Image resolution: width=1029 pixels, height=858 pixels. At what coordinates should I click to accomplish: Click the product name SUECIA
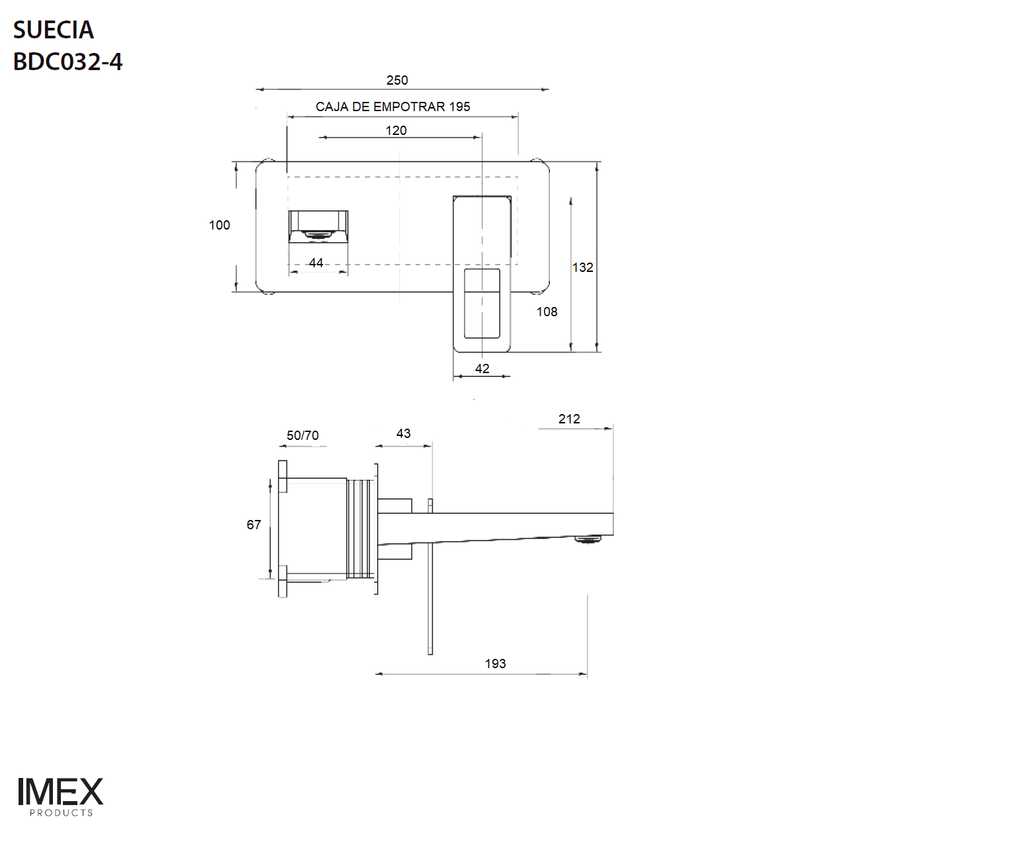point(54,30)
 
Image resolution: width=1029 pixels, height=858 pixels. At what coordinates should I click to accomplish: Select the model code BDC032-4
point(67,62)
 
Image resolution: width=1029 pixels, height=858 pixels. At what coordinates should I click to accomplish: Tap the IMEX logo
point(60,792)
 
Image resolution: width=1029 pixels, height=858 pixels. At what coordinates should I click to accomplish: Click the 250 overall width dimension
point(397,80)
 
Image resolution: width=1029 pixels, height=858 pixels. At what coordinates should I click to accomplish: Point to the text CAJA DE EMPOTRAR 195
point(392,107)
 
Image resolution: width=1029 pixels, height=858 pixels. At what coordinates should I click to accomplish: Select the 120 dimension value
point(396,130)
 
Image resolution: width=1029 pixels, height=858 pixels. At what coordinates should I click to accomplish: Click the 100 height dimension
point(219,225)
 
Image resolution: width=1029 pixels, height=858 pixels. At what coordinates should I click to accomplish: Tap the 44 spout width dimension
point(316,263)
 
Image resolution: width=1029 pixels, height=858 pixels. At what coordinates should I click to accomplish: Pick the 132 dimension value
point(582,267)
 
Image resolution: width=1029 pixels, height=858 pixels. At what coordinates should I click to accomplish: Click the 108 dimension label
point(547,312)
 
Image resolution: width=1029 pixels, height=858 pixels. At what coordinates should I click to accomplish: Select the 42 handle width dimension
point(482,368)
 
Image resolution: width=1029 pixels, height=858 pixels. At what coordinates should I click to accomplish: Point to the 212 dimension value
point(568,419)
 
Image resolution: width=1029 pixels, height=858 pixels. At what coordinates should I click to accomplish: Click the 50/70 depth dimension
point(302,435)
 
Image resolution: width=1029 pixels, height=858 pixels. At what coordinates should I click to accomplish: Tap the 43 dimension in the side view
point(403,433)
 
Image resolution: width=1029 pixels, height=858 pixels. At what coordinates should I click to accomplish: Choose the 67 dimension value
point(253,525)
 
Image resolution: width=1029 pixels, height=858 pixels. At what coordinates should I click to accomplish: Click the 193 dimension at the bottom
point(495,664)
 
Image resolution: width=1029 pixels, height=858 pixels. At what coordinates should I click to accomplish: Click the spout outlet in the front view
point(318,234)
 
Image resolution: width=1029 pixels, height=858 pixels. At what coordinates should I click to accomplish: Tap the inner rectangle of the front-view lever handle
point(482,303)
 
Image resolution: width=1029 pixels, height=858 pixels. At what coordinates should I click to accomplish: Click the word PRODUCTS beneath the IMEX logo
point(61,813)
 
